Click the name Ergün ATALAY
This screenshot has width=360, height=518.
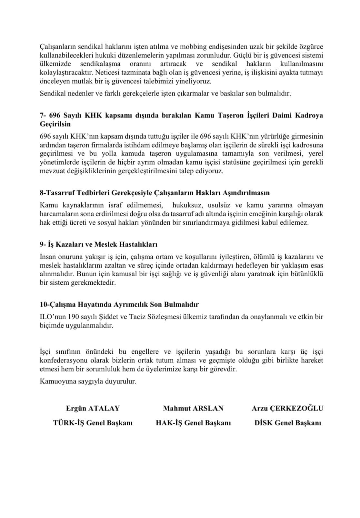coord(93,408)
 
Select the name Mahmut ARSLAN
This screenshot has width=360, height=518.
coord(193,408)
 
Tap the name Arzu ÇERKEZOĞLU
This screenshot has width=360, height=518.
coord(287,408)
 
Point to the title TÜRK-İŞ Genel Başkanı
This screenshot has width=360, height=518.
coord(93,423)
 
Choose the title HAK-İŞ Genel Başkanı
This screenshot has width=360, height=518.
coord(193,423)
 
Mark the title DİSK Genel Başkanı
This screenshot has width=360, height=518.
coord(288,423)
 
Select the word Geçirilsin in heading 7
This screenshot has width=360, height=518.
coord(55,124)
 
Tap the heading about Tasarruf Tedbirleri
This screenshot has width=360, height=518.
coord(155,193)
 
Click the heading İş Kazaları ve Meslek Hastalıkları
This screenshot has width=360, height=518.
coord(98,244)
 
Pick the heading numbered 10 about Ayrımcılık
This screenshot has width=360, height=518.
coord(119,304)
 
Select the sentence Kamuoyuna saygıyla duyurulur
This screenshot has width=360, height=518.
coord(88,381)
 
